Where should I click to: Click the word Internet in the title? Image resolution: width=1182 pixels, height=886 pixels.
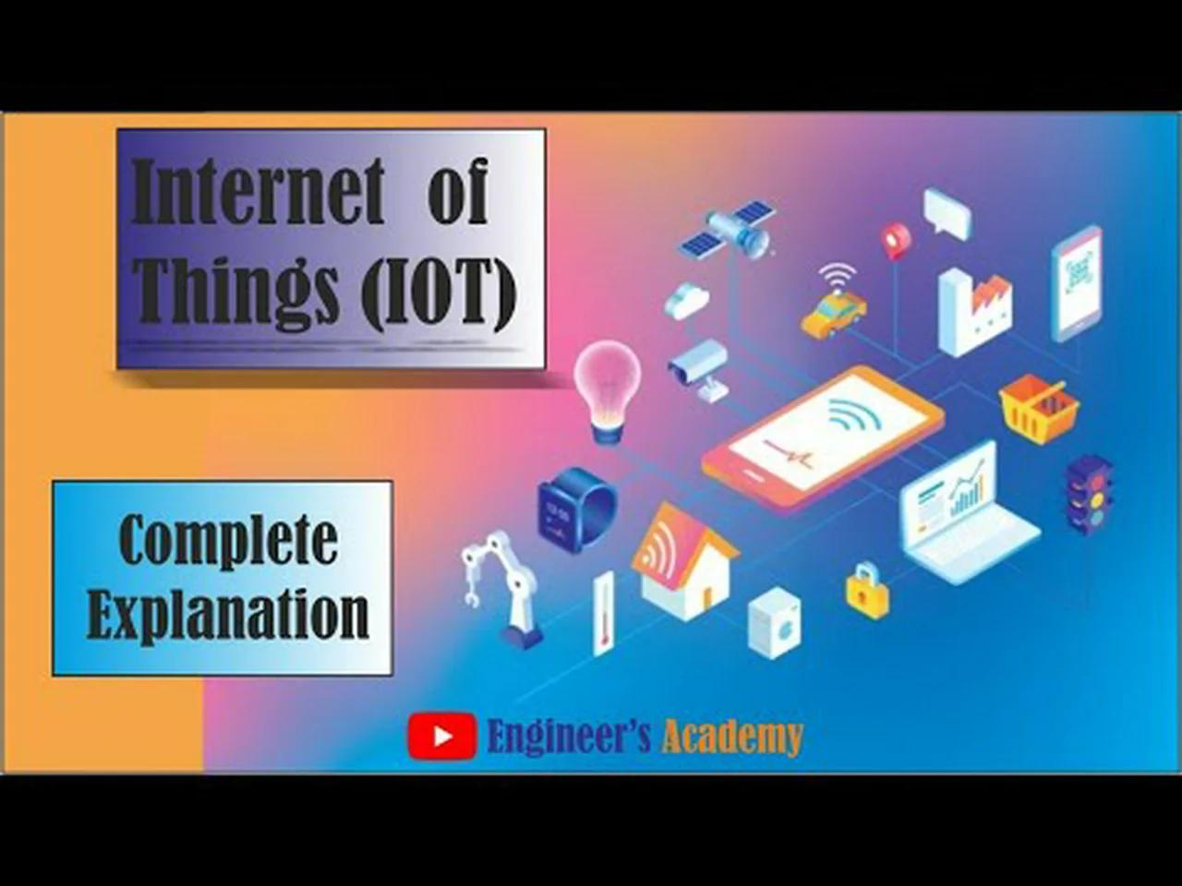259,191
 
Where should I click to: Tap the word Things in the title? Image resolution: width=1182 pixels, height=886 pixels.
236,289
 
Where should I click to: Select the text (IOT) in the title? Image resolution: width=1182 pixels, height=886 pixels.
438,289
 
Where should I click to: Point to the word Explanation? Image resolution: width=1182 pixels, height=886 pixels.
227,614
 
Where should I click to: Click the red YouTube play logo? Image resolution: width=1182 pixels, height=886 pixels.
442,736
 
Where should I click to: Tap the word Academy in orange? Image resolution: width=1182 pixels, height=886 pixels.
732,736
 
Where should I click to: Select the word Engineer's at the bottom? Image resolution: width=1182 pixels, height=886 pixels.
569,736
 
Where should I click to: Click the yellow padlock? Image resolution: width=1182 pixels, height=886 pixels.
868,592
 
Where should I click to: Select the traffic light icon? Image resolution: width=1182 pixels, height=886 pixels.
1089,494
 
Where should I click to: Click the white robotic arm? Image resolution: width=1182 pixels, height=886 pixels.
504,586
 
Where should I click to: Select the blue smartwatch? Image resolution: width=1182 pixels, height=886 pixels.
575,509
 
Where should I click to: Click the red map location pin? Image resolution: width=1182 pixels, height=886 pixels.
895,240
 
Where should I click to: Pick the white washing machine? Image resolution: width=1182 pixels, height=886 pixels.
774,624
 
